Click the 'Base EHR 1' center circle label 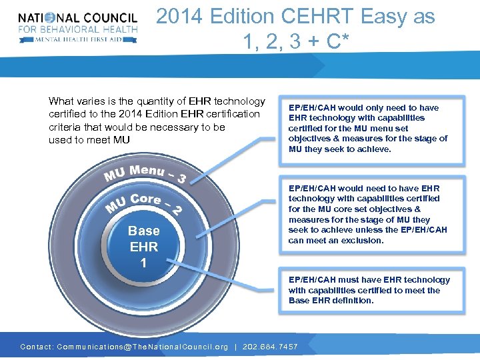point(144,247)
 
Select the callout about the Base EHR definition point(369,290)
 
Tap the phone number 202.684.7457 point(269,347)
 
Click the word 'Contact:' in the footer point(37,347)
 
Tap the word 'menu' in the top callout point(398,128)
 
